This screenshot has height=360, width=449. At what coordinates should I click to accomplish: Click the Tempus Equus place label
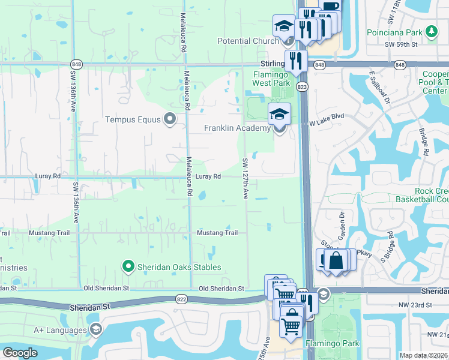(133, 119)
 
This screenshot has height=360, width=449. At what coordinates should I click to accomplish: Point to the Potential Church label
(248, 41)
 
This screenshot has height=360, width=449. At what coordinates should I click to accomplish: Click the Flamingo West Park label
(271, 79)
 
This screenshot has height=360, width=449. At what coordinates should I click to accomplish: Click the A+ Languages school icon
(95, 329)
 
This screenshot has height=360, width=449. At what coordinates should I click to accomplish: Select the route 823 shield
(302, 87)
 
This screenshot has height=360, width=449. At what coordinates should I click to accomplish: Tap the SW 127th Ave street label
(245, 179)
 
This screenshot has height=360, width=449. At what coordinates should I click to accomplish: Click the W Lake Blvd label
(327, 124)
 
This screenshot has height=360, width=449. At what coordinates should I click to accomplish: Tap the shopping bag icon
(336, 261)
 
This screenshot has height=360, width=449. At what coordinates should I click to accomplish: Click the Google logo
(19, 353)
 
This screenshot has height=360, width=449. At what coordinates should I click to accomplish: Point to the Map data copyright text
(423, 355)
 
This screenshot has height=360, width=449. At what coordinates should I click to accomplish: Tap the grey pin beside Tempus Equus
(170, 119)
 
